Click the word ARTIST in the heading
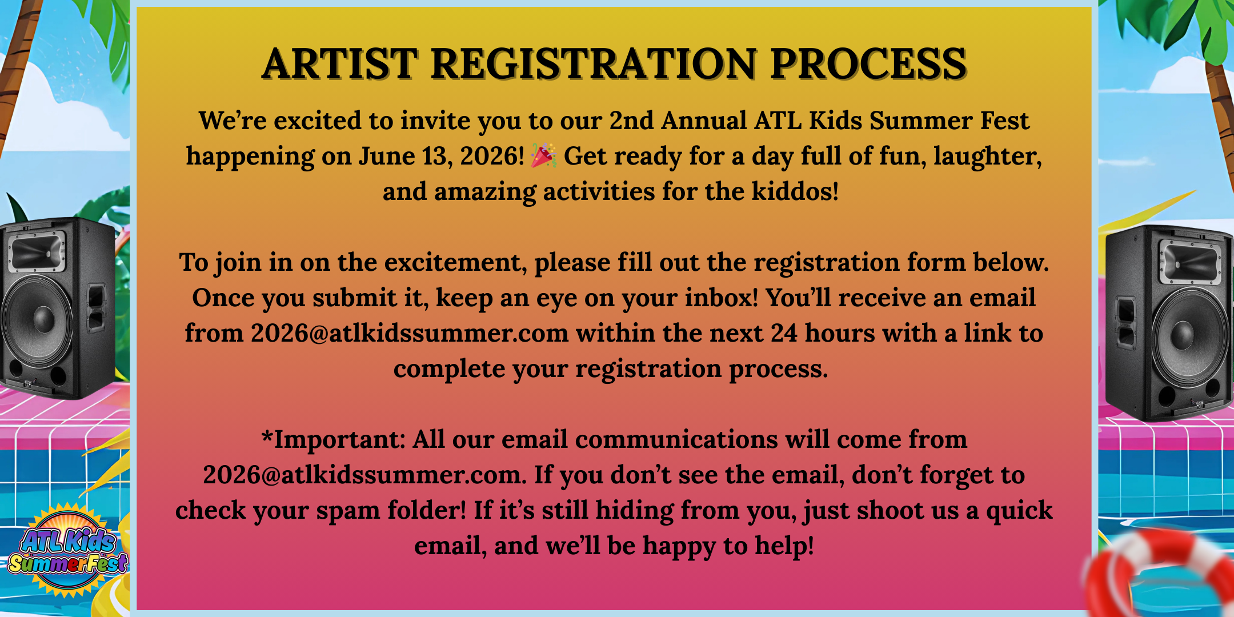coord(339,63)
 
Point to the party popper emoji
coord(543,156)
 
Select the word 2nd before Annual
coord(631,121)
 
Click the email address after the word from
coord(409,333)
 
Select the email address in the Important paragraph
coord(364,475)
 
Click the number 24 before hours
coord(784,333)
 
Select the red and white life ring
coord(1160,577)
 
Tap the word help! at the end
coord(784,546)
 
